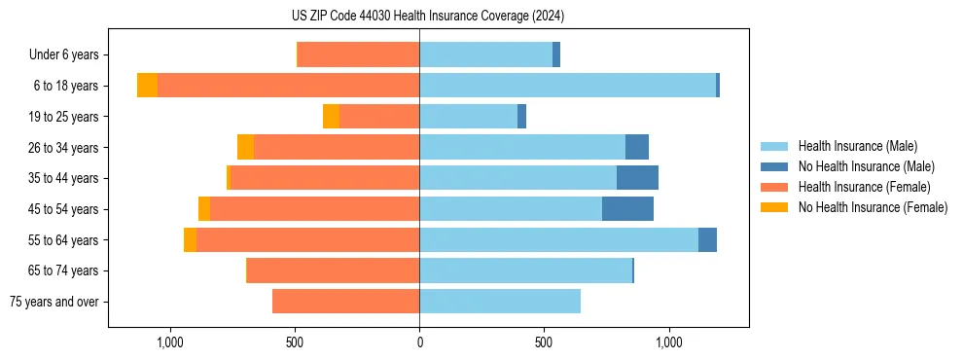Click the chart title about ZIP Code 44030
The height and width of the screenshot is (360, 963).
click(x=428, y=16)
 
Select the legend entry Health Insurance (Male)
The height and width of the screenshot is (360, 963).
click(x=857, y=146)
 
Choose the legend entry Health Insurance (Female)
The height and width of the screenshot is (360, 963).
click(x=864, y=187)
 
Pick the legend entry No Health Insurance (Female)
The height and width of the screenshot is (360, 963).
click(x=873, y=207)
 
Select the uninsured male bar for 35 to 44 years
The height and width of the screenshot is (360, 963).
click(x=637, y=178)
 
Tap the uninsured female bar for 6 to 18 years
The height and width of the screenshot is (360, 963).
click(x=147, y=86)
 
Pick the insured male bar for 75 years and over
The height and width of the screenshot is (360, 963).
click(x=500, y=302)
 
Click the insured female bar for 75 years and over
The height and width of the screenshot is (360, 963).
click(x=345, y=302)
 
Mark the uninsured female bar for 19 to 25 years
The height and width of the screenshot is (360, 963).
click(x=331, y=117)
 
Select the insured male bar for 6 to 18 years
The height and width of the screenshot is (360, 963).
click(x=567, y=86)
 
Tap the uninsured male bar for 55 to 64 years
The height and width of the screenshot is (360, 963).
click(x=707, y=239)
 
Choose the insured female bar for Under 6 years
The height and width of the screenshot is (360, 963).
click(x=358, y=54)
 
